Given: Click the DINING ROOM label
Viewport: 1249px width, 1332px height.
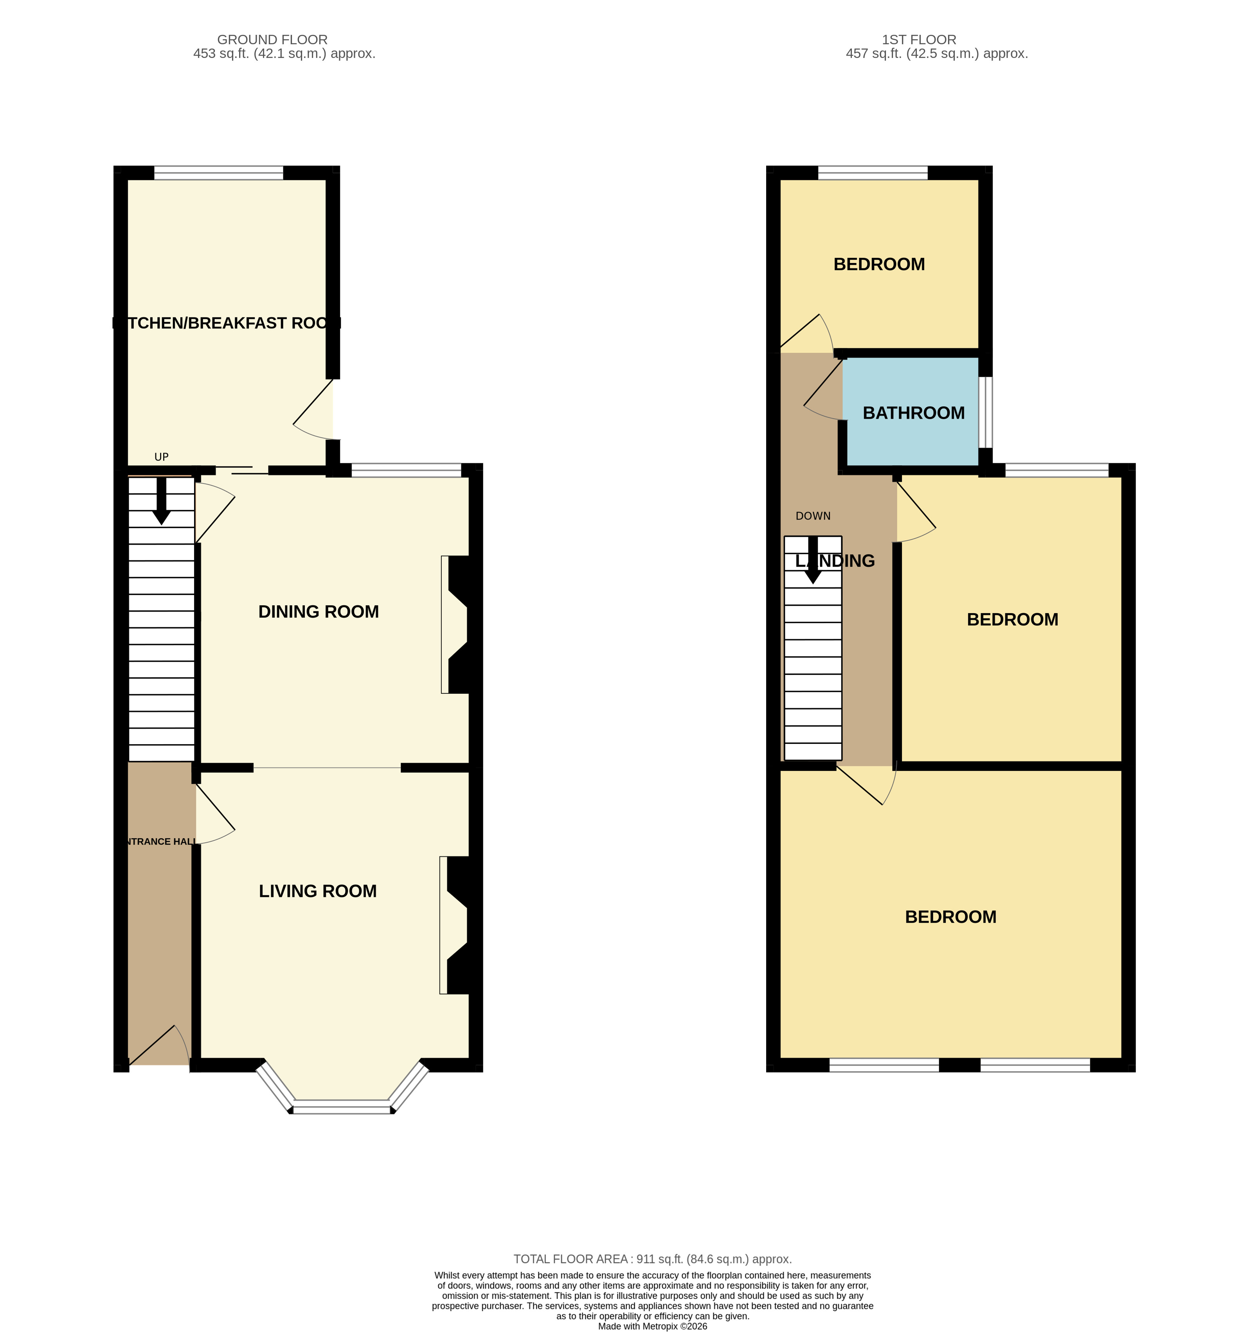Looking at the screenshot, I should click(318, 611).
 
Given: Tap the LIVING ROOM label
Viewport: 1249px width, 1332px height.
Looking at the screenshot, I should click(318, 891).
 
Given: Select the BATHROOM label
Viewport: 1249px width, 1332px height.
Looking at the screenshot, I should click(913, 413).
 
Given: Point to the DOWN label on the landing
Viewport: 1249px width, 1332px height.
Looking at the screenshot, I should click(813, 516).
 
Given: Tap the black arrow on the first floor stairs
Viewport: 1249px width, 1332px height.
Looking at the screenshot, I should click(813, 560).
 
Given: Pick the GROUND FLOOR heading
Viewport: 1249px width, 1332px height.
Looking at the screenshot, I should click(272, 40).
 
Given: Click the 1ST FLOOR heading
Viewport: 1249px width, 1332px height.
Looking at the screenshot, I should click(919, 40).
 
